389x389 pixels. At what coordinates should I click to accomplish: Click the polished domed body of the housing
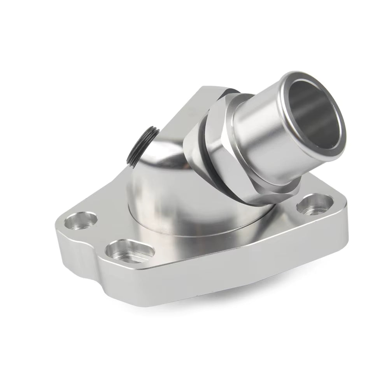tap(163, 183)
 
